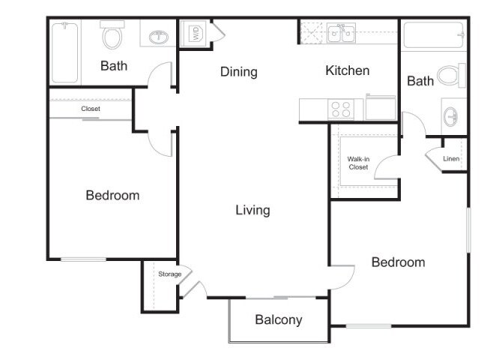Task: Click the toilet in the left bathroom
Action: (113, 37)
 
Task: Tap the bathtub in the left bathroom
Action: (65, 52)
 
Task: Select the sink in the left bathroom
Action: (158, 37)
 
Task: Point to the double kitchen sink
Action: (340, 32)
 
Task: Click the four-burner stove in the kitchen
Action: (341, 109)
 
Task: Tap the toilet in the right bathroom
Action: (451, 75)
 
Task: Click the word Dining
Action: (239, 72)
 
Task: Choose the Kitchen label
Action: (347, 70)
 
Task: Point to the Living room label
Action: (252, 210)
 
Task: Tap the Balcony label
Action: (279, 319)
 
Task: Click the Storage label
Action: (169, 274)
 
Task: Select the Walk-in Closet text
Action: (358, 163)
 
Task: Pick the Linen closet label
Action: (451, 159)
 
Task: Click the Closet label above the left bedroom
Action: (91, 109)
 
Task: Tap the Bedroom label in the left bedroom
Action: (112, 195)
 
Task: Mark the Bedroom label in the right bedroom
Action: (398, 262)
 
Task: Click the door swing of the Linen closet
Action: (434, 159)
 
